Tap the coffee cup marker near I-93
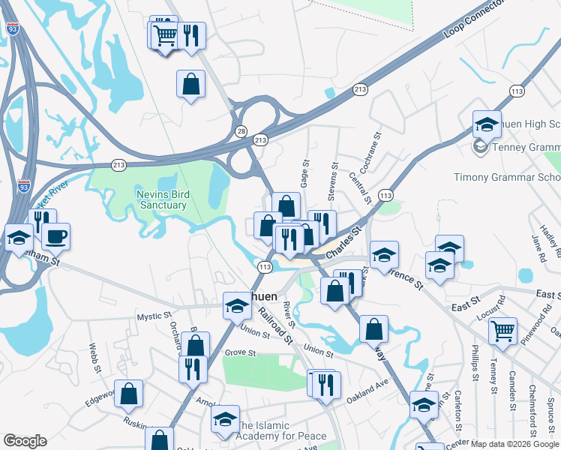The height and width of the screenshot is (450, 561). point(55,237)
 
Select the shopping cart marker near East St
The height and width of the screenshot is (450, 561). point(502,330)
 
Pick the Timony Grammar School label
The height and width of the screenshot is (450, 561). point(507,178)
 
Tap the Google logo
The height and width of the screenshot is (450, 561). point(25,441)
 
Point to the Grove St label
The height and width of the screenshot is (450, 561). point(241,352)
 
